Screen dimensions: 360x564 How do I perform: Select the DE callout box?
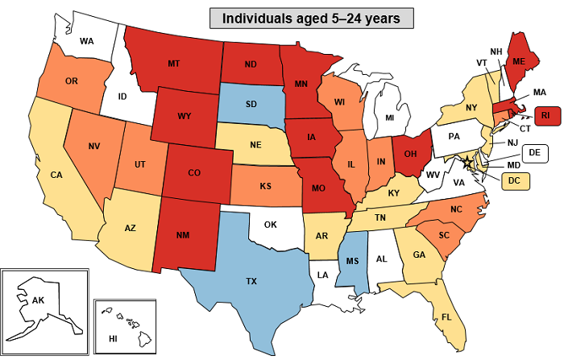[533, 152]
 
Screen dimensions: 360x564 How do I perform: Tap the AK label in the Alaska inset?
[38, 300]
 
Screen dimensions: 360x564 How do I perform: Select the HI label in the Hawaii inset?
[114, 339]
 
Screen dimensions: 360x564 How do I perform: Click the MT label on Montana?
[172, 64]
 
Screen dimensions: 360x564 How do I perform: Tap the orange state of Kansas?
[265, 184]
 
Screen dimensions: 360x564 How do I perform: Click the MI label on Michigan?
[390, 118]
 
